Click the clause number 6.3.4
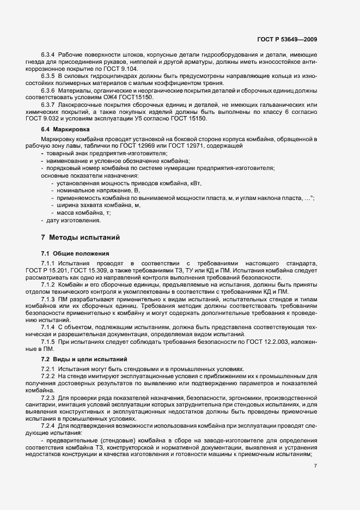tap(48, 56)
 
